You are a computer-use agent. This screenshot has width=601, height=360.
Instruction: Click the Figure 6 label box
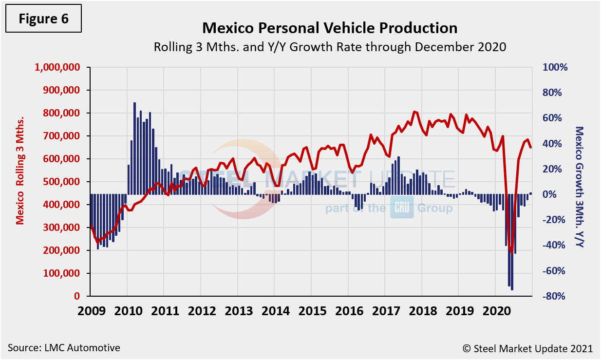[43, 19]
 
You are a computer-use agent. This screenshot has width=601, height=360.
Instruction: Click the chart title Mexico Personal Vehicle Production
[330, 27]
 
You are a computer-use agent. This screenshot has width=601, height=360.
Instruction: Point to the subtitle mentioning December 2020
[330, 47]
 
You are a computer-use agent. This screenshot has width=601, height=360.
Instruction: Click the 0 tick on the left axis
[76, 296]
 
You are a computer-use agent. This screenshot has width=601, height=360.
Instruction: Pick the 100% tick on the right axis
[555, 67]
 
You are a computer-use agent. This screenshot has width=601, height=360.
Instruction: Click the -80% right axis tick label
[555, 296]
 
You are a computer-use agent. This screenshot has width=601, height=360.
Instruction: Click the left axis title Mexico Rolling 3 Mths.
[20, 182]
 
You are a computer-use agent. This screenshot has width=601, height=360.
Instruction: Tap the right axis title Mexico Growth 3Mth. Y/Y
[580, 186]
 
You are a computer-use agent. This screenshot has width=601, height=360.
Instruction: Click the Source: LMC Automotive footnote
[64, 348]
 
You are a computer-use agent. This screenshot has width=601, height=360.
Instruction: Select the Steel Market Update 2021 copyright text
[527, 348]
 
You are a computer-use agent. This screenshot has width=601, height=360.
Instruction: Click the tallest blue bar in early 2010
[134, 149]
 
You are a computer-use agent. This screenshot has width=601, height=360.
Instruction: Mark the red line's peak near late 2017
[414, 112]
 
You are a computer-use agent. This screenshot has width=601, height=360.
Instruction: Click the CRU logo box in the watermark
[401, 208]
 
